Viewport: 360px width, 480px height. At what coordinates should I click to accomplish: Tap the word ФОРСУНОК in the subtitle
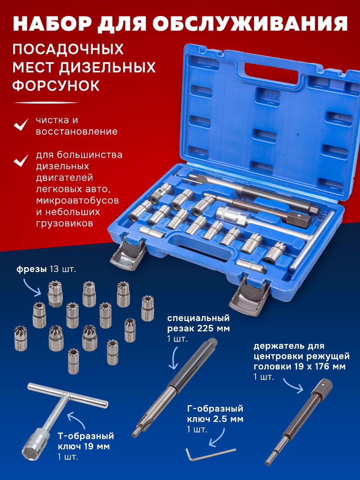pyautogui.click(x=56, y=86)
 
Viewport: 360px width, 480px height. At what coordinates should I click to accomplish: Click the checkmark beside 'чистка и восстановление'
pyautogui.click(x=21, y=124)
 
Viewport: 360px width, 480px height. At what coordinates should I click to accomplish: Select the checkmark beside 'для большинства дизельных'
pyautogui.click(x=21, y=160)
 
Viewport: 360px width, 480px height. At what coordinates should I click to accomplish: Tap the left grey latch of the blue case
pyautogui.click(x=128, y=253)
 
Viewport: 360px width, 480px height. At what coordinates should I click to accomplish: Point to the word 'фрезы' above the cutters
pyautogui.click(x=32, y=269)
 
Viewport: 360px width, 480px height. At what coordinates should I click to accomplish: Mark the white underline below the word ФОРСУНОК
pyautogui.click(x=46, y=102)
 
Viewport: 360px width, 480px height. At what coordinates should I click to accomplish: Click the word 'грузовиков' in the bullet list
pyautogui.click(x=64, y=223)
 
